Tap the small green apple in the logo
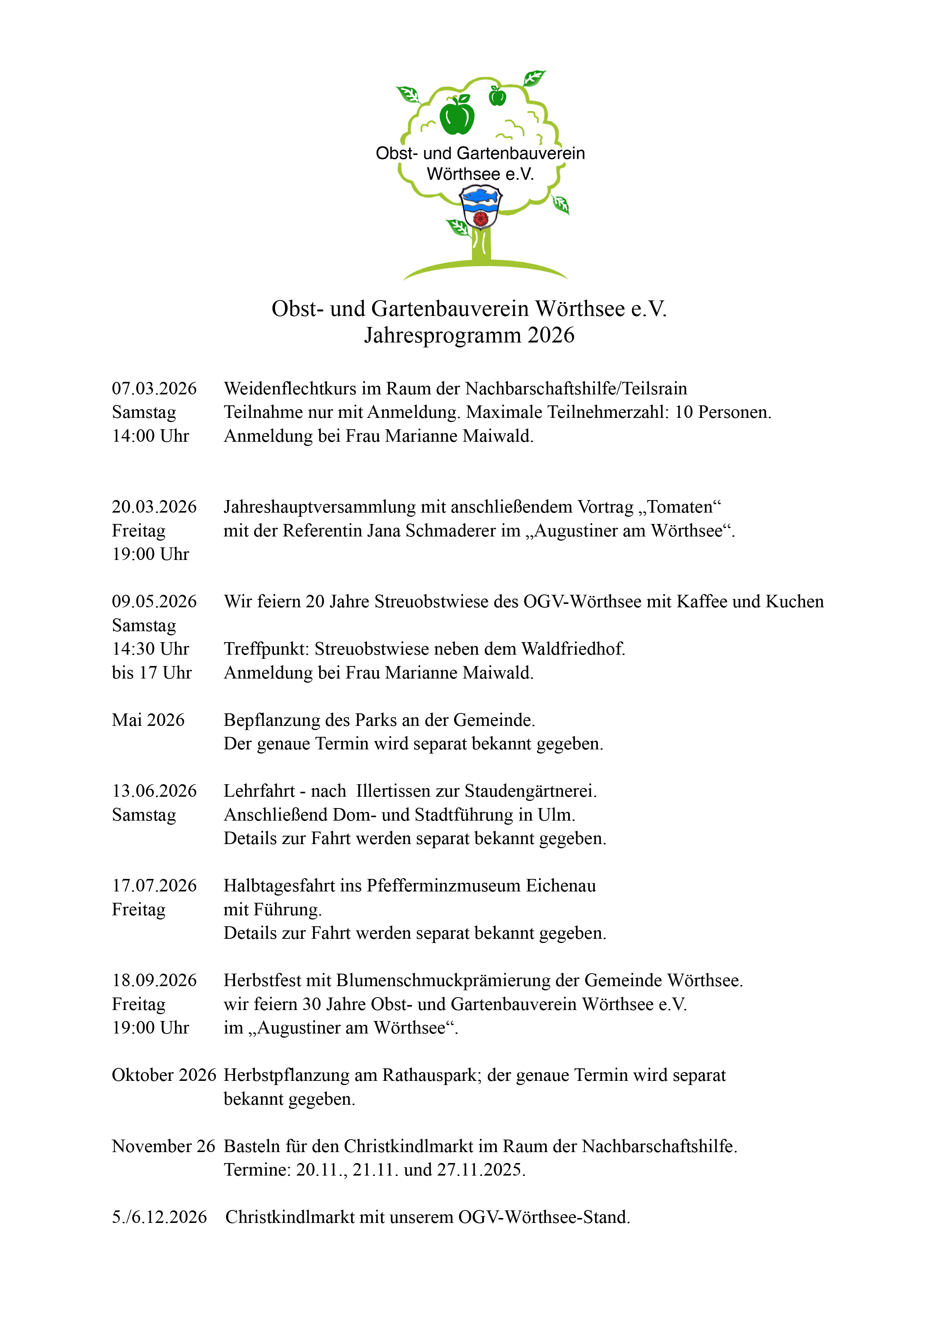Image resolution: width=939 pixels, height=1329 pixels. tap(497, 96)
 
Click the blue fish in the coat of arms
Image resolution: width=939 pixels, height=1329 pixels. tap(481, 197)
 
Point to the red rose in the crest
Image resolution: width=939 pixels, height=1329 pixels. tap(480, 218)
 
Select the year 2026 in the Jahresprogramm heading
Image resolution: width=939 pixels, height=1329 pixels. tap(551, 336)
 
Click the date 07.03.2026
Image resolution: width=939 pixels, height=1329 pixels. tap(154, 388)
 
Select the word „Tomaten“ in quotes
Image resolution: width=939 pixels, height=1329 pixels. tap(680, 507)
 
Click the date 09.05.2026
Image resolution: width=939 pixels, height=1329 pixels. tap(154, 601)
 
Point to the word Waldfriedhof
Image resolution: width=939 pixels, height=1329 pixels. tap(573, 649)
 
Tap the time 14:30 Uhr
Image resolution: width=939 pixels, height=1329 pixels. tap(150, 649)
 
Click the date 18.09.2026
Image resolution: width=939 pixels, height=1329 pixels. tap(154, 980)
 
